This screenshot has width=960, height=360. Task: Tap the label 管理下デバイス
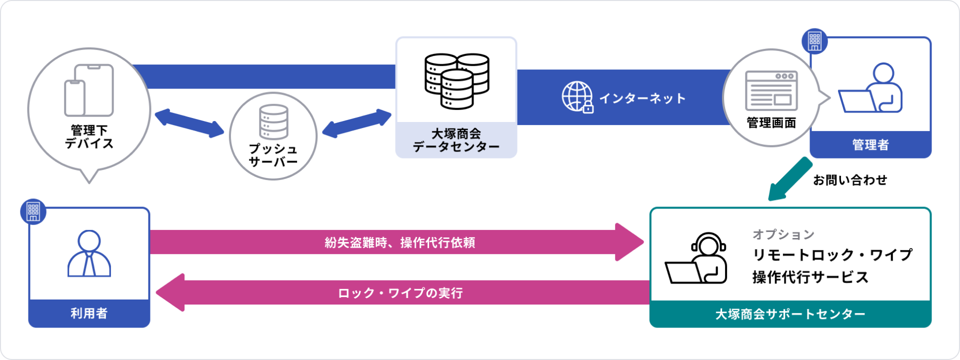coord(89,136)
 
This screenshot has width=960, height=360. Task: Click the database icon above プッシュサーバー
coord(273,121)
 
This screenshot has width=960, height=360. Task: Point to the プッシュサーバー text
coord(273,155)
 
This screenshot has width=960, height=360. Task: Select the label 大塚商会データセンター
coord(456,140)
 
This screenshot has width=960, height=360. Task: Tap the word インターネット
coord(642,98)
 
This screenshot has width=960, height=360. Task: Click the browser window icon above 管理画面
coord(771,90)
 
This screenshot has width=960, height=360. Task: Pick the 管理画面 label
coord(771,122)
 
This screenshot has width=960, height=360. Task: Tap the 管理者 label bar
coord(870,145)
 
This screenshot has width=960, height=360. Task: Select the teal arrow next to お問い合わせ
coord(790,179)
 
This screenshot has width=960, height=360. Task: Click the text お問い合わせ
coord(849,180)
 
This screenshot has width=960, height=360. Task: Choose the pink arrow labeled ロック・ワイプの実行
coord(400,292)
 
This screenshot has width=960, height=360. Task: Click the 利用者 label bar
coord(89,313)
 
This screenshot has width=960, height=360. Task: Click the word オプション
coord(783,234)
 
